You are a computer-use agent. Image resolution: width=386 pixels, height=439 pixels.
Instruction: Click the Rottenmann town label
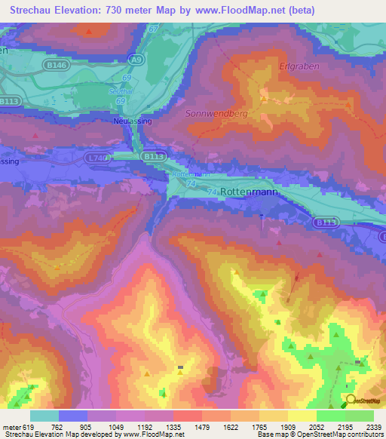(250, 192)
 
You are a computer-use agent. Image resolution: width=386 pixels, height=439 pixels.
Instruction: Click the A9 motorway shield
(136, 58)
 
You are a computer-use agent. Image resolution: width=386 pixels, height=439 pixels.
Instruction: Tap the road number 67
(154, 29)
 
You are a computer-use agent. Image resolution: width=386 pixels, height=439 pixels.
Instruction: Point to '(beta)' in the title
(299, 10)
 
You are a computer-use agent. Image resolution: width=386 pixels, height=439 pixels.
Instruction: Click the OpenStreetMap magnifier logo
(351, 400)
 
